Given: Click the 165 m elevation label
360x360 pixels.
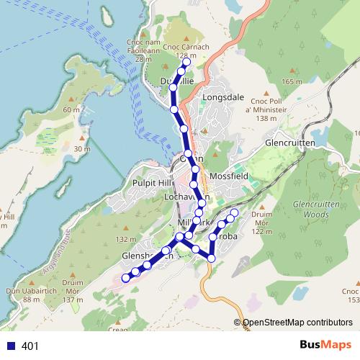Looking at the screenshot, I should [292, 82].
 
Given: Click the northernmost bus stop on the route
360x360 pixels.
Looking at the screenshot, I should [186, 63].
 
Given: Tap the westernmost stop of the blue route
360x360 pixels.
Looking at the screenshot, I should [125, 277].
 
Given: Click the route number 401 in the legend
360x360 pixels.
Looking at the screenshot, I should [30, 346].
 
